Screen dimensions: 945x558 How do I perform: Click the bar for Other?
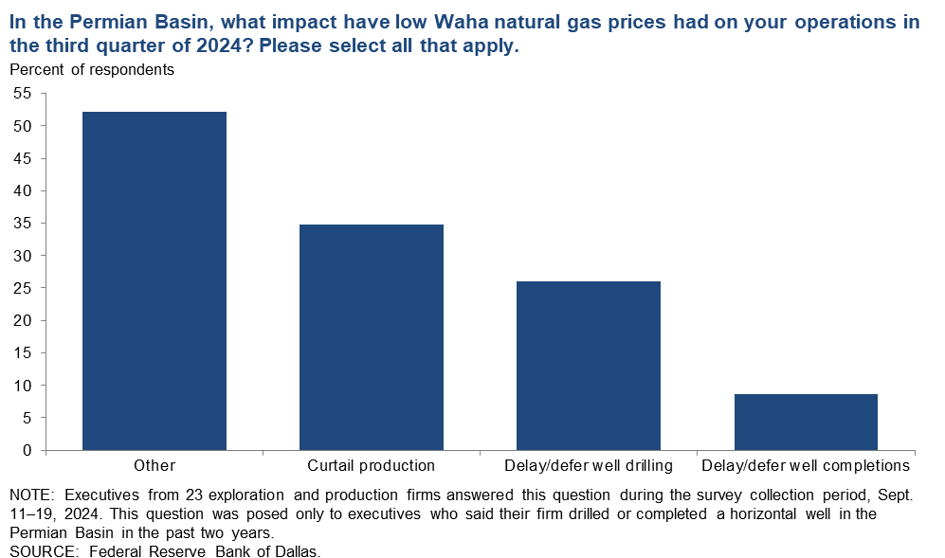(x=154, y=280)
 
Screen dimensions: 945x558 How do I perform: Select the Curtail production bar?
(x=372, y=337)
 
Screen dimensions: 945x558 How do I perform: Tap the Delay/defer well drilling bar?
(x=589, y=366)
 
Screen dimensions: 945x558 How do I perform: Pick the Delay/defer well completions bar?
(x=806, y=422)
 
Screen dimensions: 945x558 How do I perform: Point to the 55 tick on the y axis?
(x=23, y=94)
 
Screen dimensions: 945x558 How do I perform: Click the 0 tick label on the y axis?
(x=27, y=450)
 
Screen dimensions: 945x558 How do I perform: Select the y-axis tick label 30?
(x=23, y=256)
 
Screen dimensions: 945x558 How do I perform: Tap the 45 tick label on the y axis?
(x=23, y=158)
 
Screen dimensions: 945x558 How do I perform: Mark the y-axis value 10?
(x=23, y=385)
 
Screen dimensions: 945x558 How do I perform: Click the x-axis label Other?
(x=154, y=466)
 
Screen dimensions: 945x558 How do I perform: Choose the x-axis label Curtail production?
(x=372, y=466)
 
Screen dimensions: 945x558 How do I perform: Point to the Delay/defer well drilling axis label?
(x=589, y=466)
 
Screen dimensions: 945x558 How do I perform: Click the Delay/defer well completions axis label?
(x=806, y=466)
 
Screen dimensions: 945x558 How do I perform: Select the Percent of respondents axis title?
(x=92, y=70)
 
